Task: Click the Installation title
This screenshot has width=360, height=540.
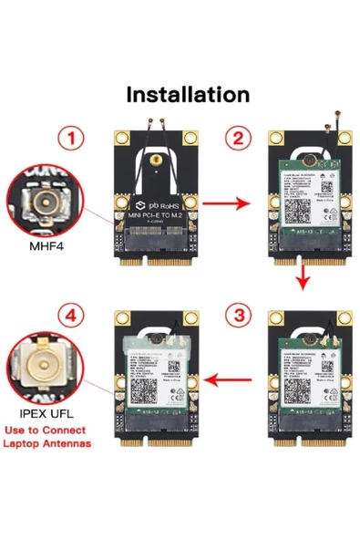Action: (x=187, y=94)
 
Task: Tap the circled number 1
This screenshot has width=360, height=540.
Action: (x=72, y=138)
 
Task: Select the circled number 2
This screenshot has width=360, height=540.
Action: (x=239, y=138)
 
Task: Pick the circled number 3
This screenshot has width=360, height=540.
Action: (x=239, y=316)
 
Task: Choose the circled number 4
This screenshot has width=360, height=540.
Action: (x=72, y=316)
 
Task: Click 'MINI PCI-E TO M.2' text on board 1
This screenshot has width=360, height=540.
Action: (x=155, y=215)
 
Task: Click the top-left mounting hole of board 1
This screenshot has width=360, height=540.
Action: (x=120, y=140)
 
